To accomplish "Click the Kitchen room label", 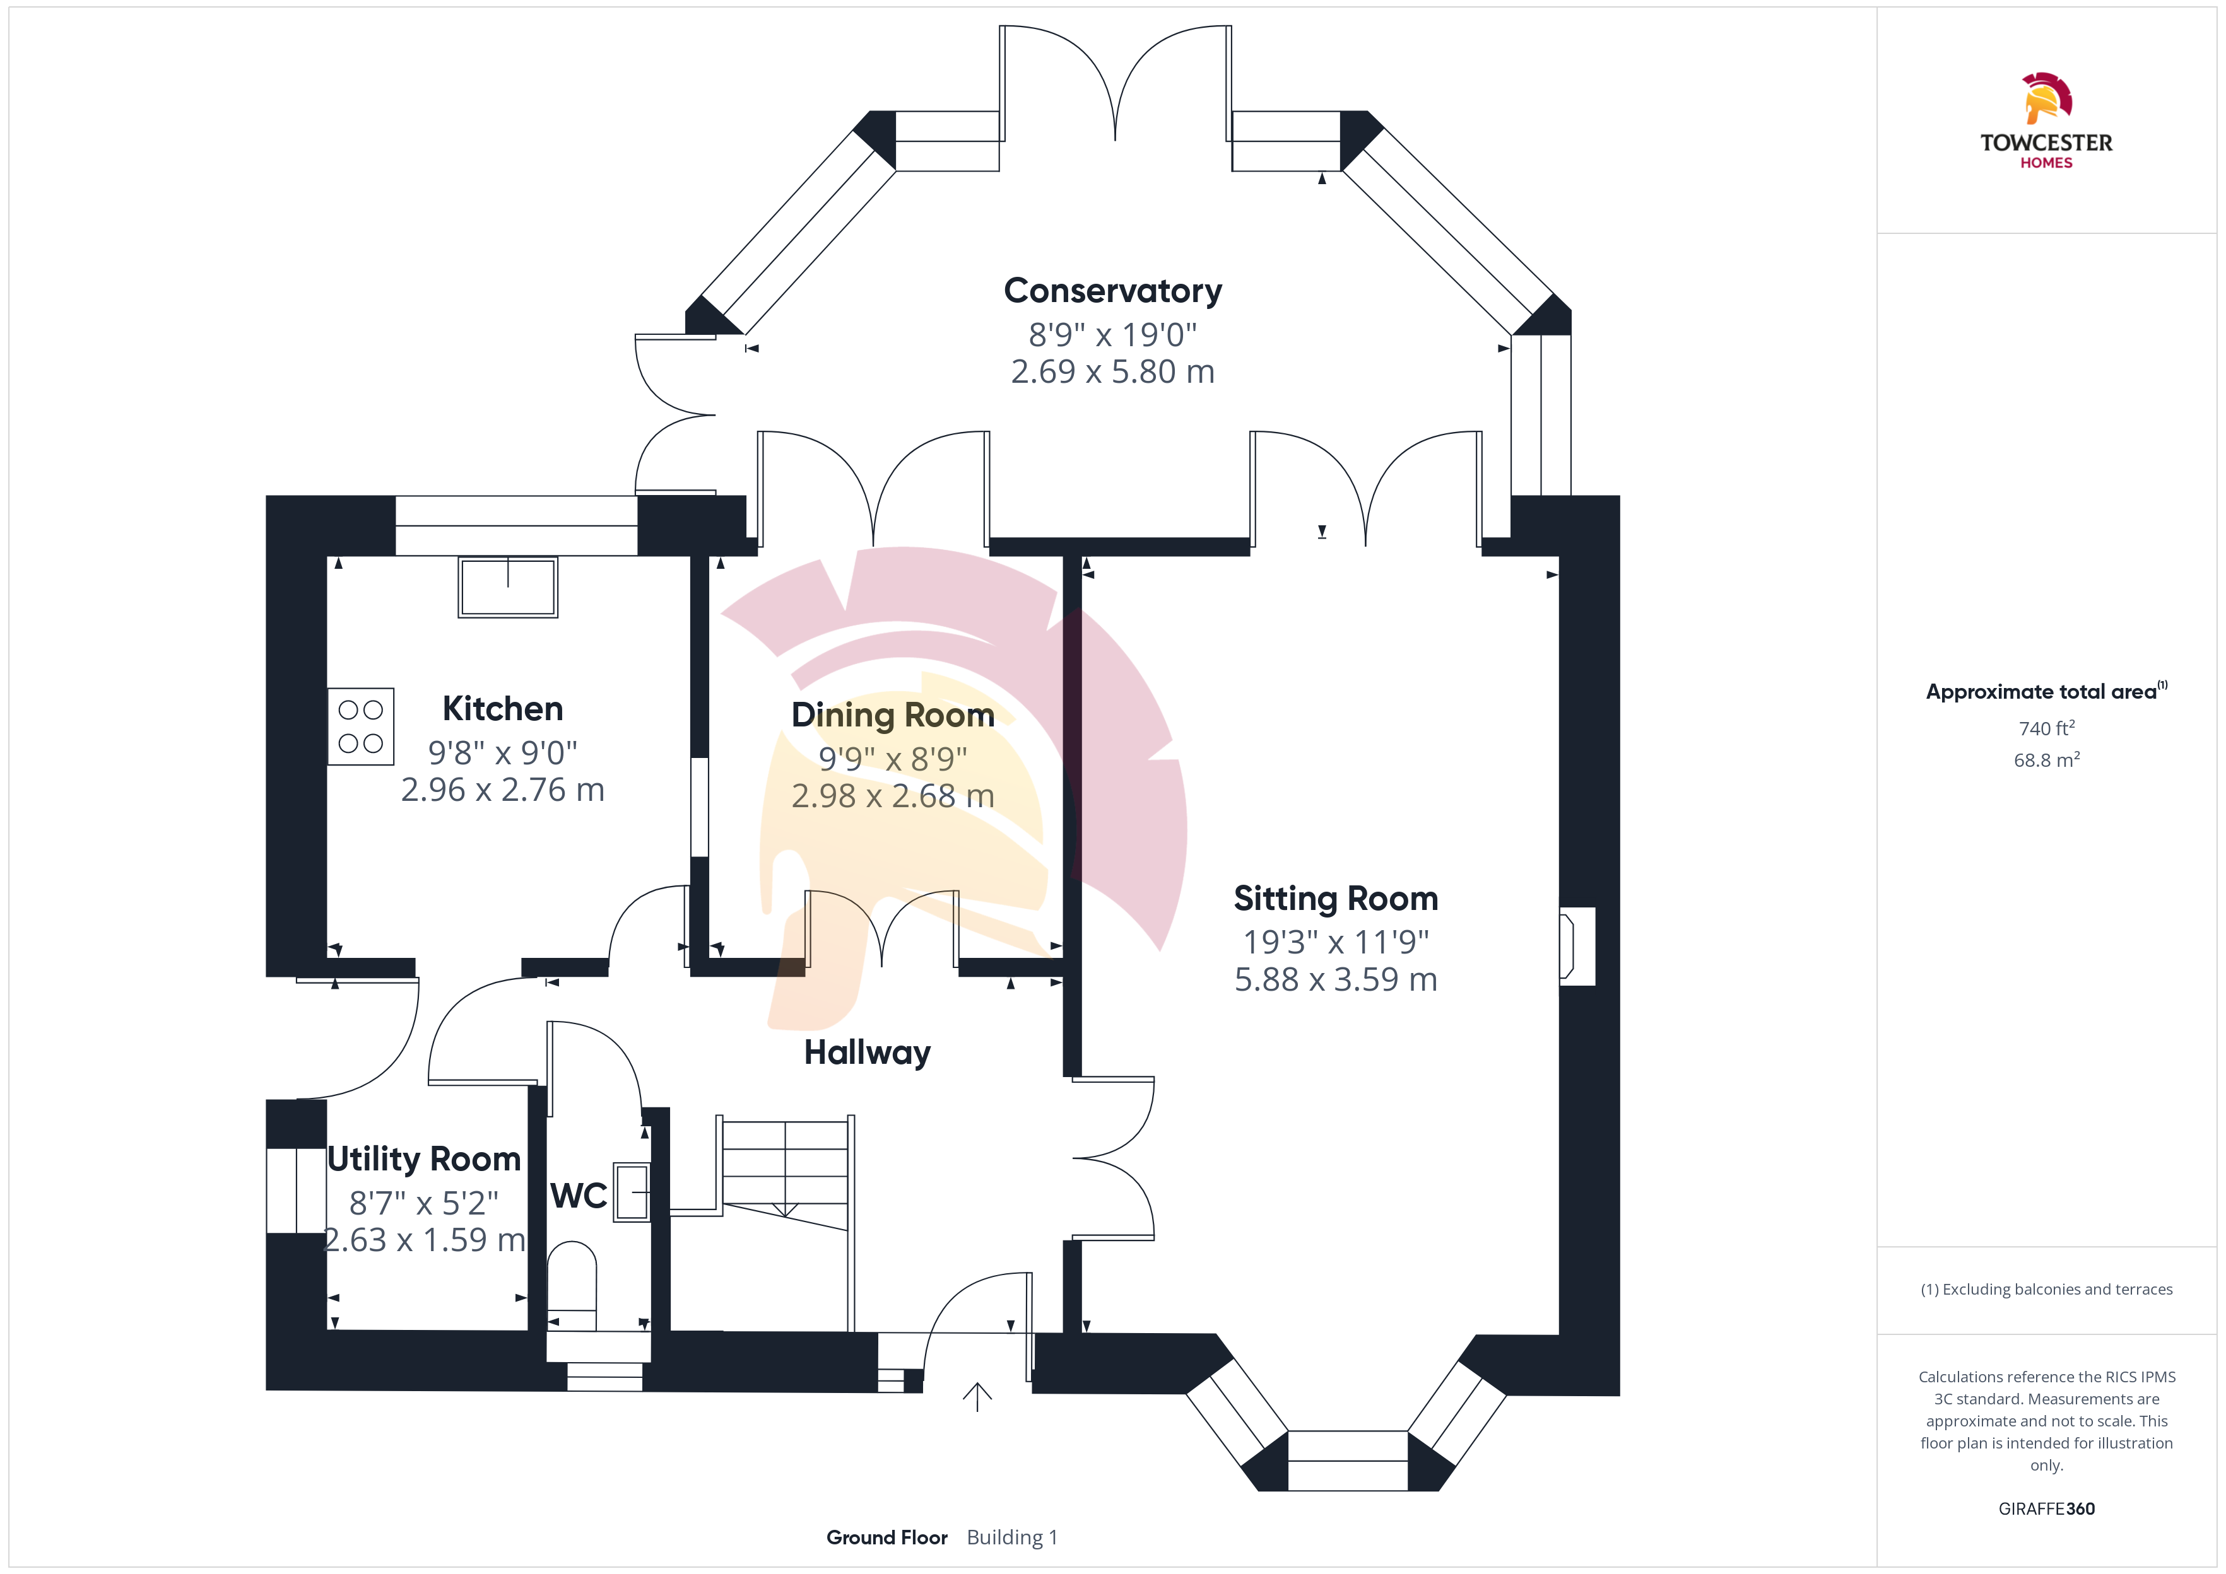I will point(502,709).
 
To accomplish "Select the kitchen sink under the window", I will point(507,586).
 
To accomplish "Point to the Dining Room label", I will point(892,714).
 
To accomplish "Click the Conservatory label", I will point(1112,290).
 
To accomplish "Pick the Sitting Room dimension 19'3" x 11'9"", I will point(1335,941).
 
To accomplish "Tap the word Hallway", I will point(867,1052).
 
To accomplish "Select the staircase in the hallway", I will point(786,1174).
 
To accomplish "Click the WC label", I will point(579,1196).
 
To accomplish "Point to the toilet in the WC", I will point(572,1278).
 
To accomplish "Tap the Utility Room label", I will point(423,1158).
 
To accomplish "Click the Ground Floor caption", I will point(886,1537).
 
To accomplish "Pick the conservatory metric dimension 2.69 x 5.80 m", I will point(1112,371).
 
